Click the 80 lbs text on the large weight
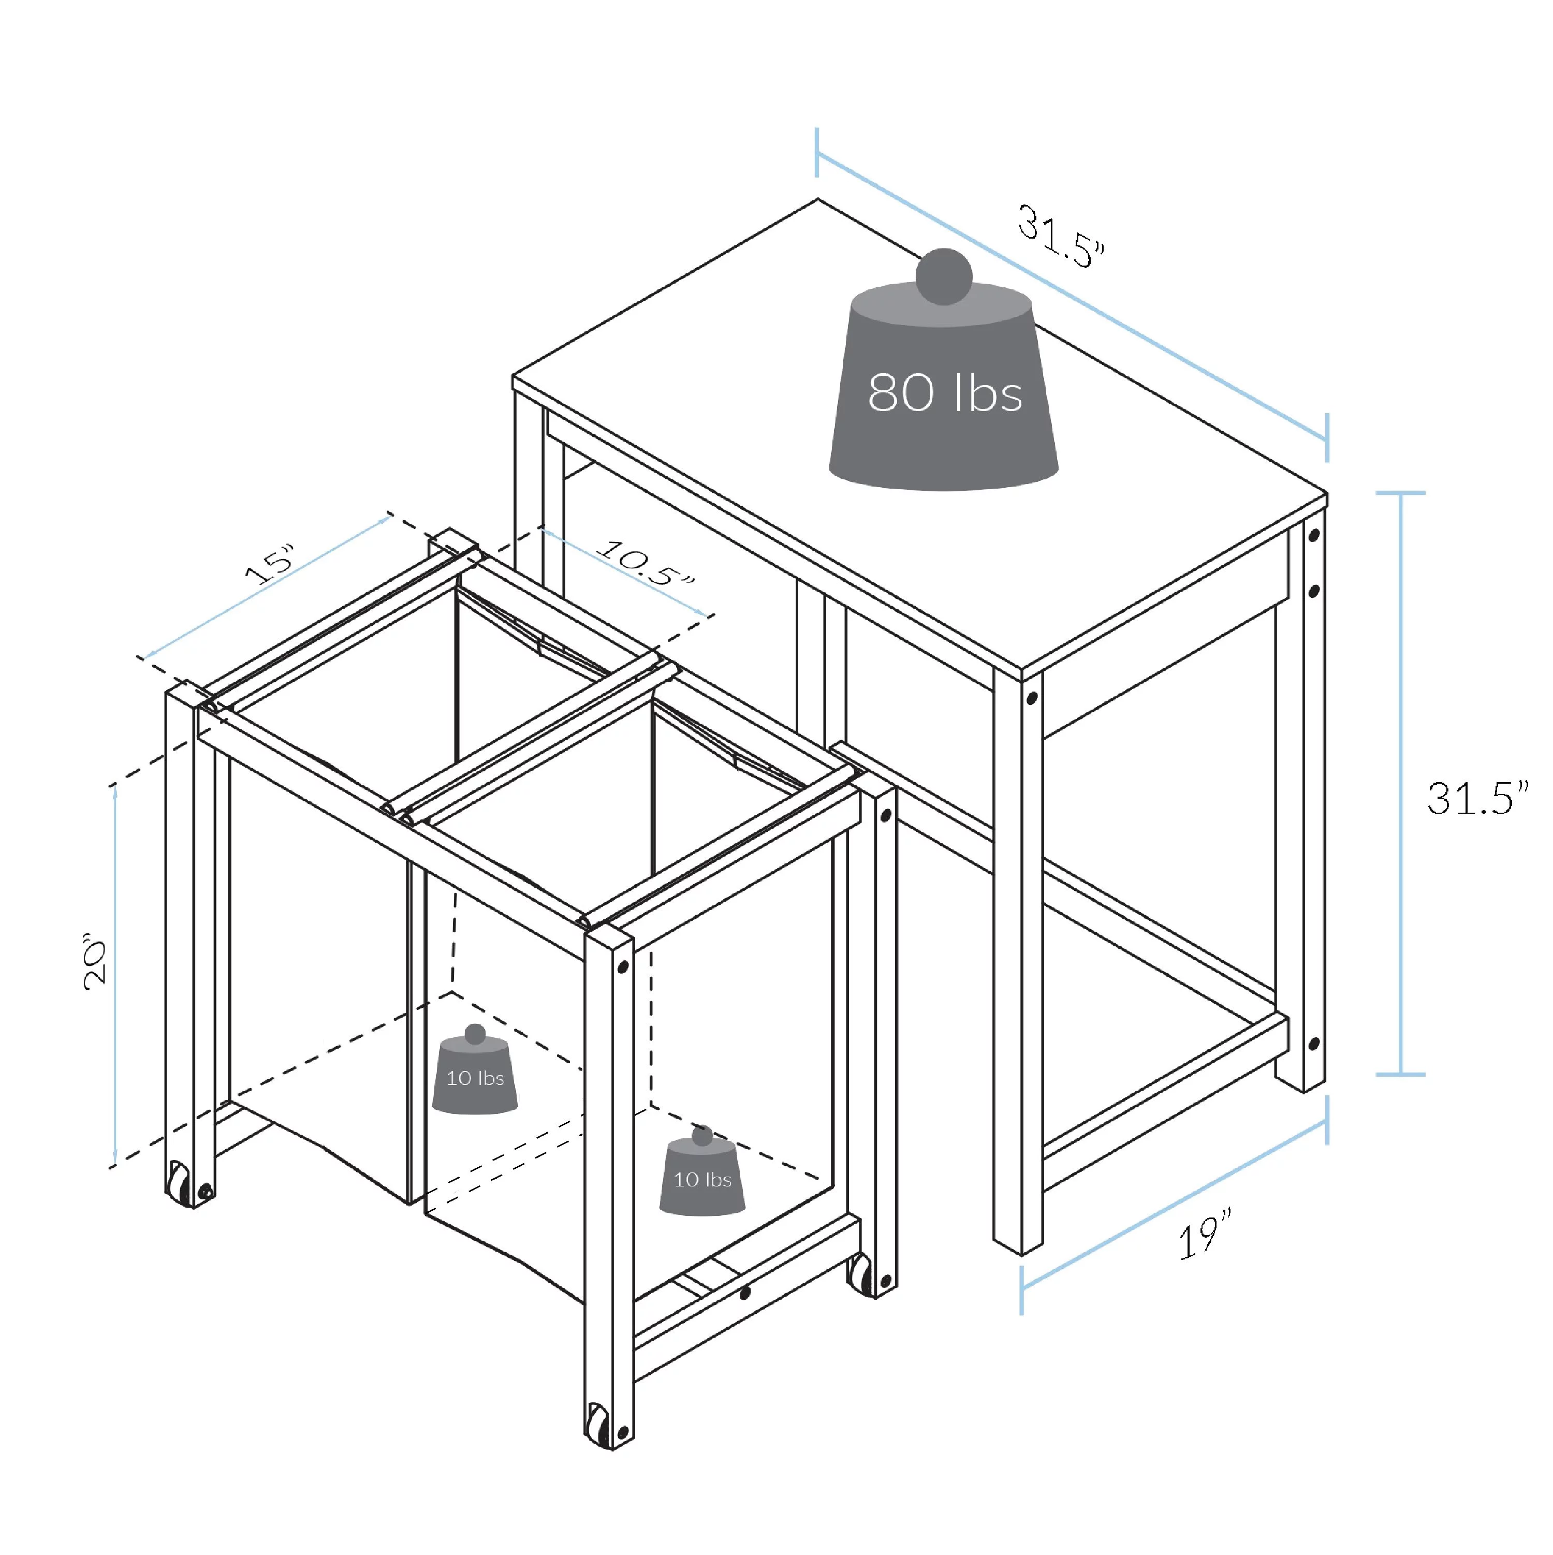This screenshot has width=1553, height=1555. [x=944, y=393]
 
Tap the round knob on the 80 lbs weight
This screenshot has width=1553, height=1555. [x=944, y=276]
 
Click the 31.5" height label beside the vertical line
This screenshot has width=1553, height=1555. [x=1477, y=798]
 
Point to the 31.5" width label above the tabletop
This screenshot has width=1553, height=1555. [x=1062, y=236]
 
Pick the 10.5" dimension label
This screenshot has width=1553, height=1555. [x=644, y=563]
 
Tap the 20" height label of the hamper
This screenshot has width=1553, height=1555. [x=95, y=962]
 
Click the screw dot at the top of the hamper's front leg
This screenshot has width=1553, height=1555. [x=622, y=966]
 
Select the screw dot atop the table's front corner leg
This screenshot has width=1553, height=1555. [x=1031, y=699]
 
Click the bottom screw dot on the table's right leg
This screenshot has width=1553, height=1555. [x=1314, y=1045]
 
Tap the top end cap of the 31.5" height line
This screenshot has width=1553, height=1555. [x=1401, y=493]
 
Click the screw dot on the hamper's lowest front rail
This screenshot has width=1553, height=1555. [x=745, y=1294]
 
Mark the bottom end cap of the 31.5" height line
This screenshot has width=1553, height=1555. [x=1401, y=1074]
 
